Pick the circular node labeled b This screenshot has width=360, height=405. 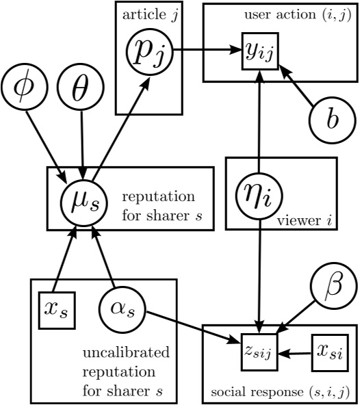333,120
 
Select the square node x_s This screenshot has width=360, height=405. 56,312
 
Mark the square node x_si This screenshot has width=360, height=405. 329,353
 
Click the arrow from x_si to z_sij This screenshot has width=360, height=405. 295,354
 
